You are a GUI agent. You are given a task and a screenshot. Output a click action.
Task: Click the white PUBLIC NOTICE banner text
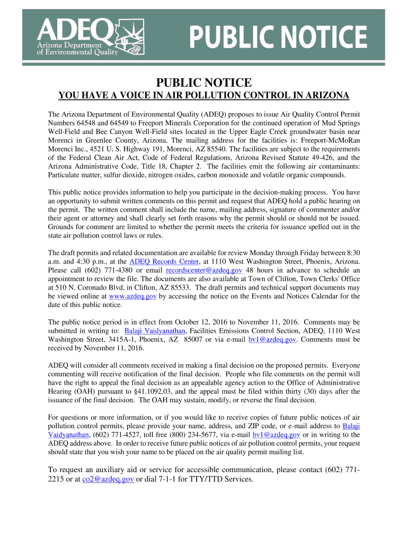pyautogui.click(x=278, y=39)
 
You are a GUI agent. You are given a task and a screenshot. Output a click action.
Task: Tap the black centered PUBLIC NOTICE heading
pyautogui.click(x=203, y=83)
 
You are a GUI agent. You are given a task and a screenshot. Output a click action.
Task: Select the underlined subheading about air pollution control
pyautogui.click(x=203, y=96)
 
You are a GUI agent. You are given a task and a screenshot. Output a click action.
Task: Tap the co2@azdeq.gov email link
pyautogui.click(x=108, y=480)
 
